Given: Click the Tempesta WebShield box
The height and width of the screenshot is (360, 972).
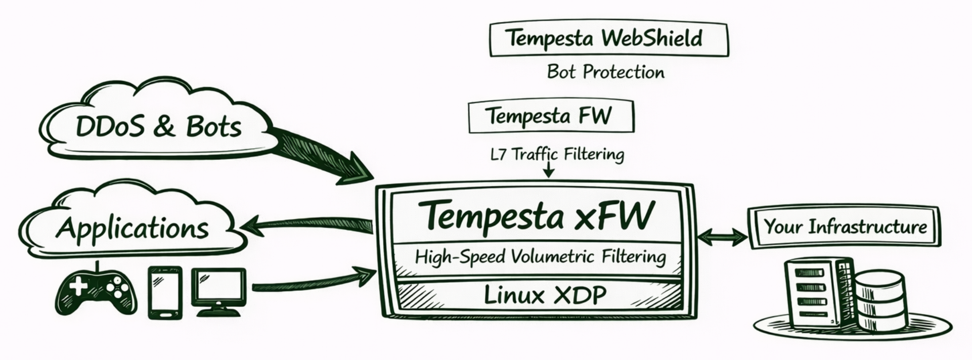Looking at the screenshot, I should [x=608, y=39].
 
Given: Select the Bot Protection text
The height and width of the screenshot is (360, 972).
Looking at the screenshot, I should [x=605, y=72].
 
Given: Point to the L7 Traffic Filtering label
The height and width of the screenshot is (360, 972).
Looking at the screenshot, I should [x=557, y=154].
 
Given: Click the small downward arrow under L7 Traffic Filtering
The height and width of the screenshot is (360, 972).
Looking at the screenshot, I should [x=548, y=172].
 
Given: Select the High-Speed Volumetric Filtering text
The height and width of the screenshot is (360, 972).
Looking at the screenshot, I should [x=540, y=257].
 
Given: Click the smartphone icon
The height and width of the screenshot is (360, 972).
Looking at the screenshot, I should [x=165, y=293].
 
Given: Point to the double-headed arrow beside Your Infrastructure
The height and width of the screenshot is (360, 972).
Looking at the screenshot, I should [x=722, y=237].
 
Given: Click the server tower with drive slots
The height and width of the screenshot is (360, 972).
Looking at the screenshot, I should [x=815, y=293].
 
